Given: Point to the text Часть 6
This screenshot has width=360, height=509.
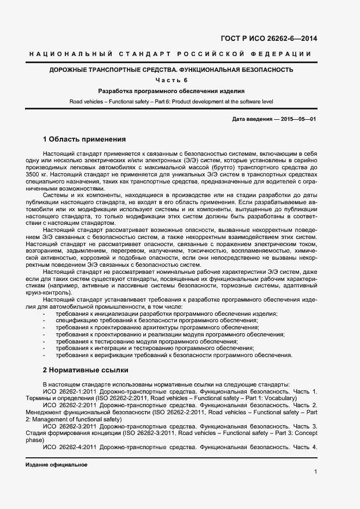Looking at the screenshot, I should (x=171, y=81).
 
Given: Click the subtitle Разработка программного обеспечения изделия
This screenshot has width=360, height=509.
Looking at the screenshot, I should (x=171, y=91).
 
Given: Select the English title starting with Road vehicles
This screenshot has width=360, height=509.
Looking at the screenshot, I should (x=171, y=101).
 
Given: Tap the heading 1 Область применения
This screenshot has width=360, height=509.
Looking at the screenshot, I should (x=84, y=139).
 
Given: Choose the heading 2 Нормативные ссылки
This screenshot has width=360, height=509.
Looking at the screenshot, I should (x=86, y=370).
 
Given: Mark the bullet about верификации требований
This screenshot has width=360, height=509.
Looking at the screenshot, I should (x=174, y=355).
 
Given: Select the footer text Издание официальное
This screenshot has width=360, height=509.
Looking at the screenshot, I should (x=56, y=465).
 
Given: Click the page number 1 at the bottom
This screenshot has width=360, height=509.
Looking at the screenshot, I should (x=316, y=471).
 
